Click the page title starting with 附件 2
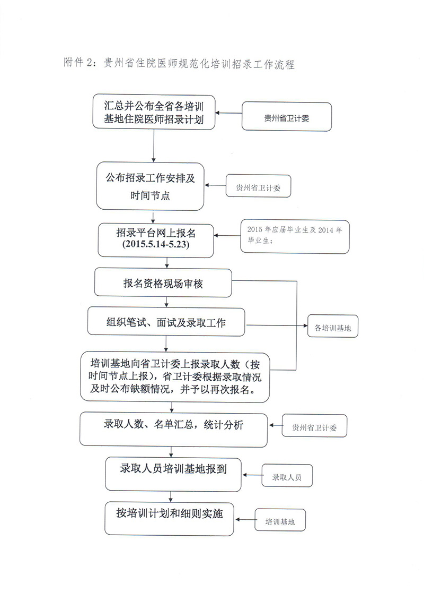pyautogui.click(x=179, y=63)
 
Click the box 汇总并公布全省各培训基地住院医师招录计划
pyautogui.click(x=154, y=112)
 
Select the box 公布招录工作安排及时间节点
pyautogui.click(x=150, y=186)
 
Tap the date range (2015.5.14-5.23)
pyautogui.click(x=156, y=244)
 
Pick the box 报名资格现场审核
pyautogui.click(x=163, y=282)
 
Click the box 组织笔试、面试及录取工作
pyautogui.click(x=166, y=322)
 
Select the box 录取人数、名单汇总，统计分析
pyautogui.click(x=173, y=429)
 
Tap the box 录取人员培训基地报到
pyautogui.click(x=173, y=474)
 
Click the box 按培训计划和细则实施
pyautogui.click(x=169, y=519)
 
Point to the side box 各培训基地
pyautogui.click(x=333, y=327)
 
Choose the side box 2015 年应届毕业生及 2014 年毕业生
pyautogui.click(x=295, y=236)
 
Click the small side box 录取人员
pyautogui.click(x=287, y=476)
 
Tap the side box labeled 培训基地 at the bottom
pyautogui.click(x=280, y=520)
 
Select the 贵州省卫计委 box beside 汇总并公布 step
pyautogui.click(x=287, y=117)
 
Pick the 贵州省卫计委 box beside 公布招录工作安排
pyautogui.click(x=258, y=186)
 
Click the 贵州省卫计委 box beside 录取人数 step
pyautogui.click(x=314, y=426)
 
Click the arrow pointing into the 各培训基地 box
pyautogui.click(x=277, y=325)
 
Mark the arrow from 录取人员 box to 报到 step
pyautogui.click(x=252, y=475)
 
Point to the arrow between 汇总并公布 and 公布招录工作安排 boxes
pyautogui.click(x=154, y=146)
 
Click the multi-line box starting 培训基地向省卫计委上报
pyautogui.click(x=175, y=377)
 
